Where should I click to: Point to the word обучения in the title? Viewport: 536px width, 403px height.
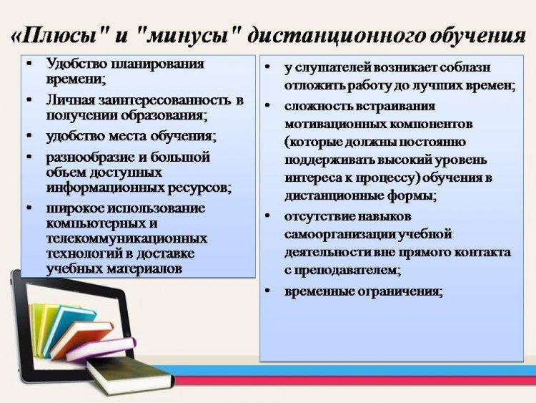pyautogui.click(x=477, y=35)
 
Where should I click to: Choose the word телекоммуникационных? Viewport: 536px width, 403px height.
pyautogui.click(x=126, y=238)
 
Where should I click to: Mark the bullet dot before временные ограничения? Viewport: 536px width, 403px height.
pyautogui.click(x=268, y=291)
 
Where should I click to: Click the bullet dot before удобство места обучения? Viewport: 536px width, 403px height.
pyautogui.click(x=30, y=136)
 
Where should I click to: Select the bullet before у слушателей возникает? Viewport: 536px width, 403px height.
pyautogui.click(x=268, y=67)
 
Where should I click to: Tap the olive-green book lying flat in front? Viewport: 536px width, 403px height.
pyautogui.click(x=130, y=376)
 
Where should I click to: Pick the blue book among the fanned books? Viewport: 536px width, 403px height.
pyautogui.click(x=70, y=325)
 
